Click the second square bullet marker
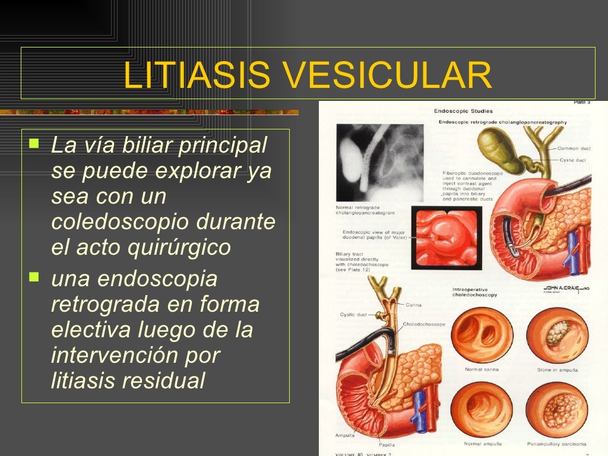[34, 277]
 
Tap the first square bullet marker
[34, 143]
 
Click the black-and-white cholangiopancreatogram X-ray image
[379, 162]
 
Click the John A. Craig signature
[564, 287]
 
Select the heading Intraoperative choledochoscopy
[474, 292]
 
